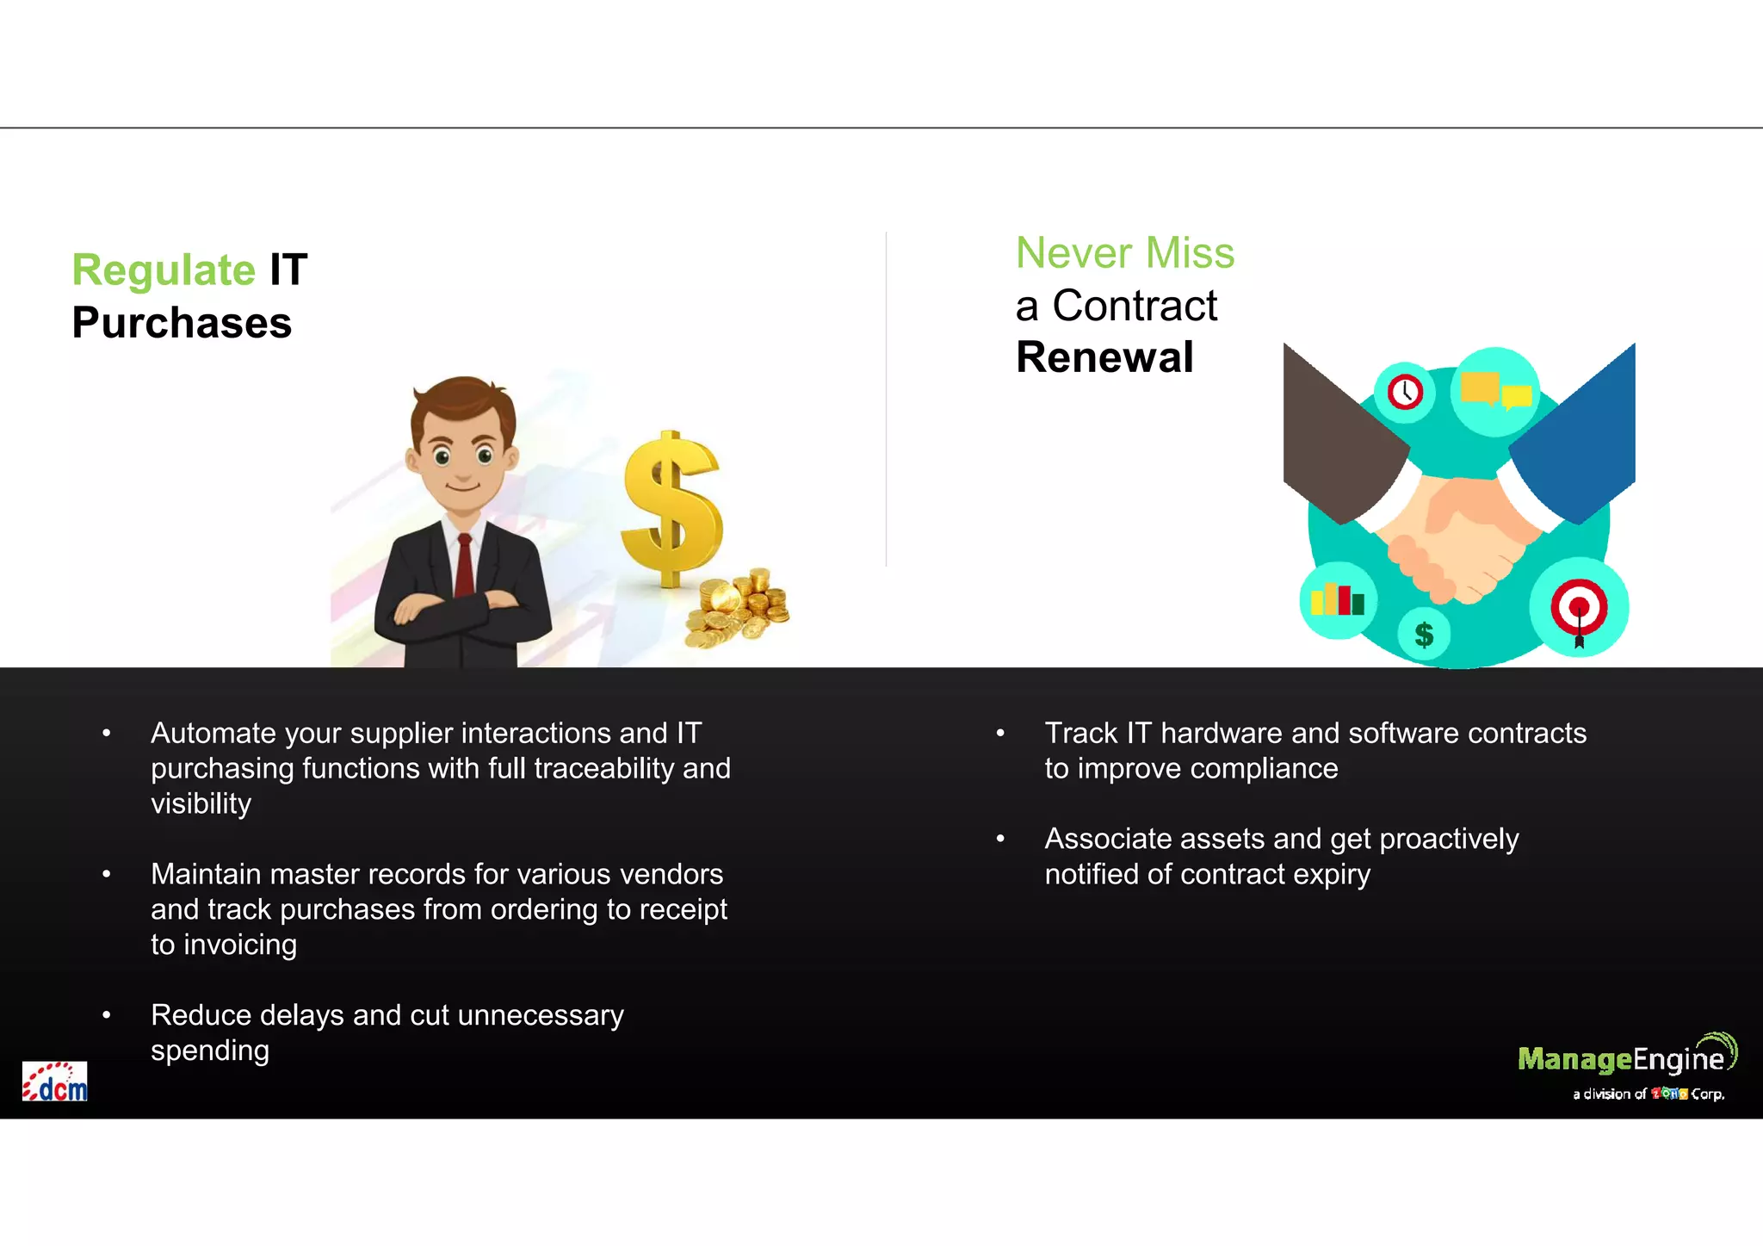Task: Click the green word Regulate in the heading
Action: [x=164, y=270]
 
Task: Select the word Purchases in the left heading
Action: [x=182, y=323]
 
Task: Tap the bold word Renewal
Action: [x=1104, y=357]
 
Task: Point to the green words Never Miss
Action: [x=1124, y=253]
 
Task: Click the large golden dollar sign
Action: [x=671, y=508]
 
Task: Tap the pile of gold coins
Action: [x=739, y=608]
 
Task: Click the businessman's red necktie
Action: [x=464, y=564]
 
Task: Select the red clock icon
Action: [x=1405, y=393]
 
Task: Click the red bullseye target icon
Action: [x=1579, y=607]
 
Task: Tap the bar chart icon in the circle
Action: [x=1337, y=600]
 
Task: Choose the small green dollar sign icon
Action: [x=1424, y=635]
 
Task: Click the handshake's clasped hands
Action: [x=1455, y=538]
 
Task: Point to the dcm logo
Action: [x=55, y=1082]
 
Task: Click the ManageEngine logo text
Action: [x=1620, y=1059]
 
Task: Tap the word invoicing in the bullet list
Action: [x=240, y=945]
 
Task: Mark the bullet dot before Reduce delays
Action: [x=107, y=1015]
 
